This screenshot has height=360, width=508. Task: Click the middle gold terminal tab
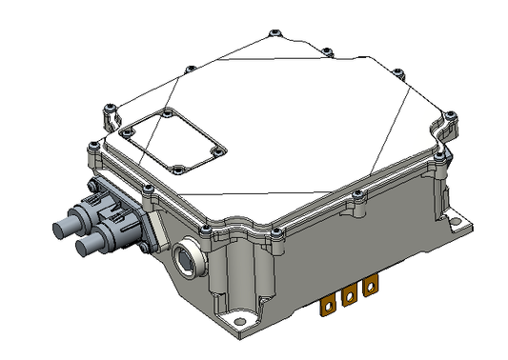pos(349,295)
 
